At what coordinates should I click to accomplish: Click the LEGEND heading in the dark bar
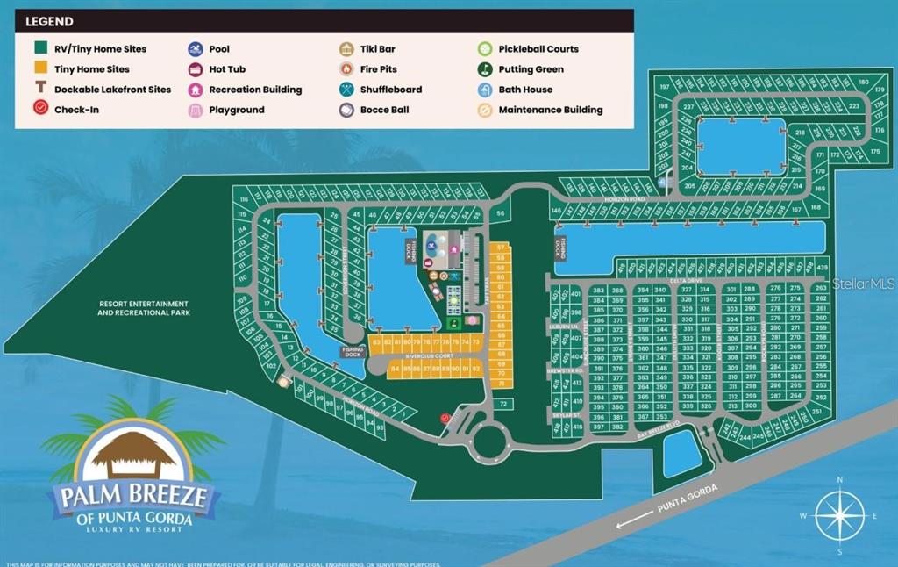[49, 21]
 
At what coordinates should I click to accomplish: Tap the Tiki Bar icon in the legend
[346, 49]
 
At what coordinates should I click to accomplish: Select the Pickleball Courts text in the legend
[538, 49]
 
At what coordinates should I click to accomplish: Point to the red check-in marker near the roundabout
[445, 419]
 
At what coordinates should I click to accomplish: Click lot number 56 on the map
[500, 213]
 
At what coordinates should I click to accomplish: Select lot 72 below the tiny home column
[502, 404]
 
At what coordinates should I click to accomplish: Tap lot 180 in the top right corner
[864, 83]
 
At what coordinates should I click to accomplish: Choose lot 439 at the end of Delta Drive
[822, 267]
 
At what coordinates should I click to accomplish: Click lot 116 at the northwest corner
[242, 200]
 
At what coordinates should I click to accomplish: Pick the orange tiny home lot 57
[500, 248]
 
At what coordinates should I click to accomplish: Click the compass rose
[840, 516]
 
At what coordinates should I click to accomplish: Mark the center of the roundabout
[488, 443]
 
